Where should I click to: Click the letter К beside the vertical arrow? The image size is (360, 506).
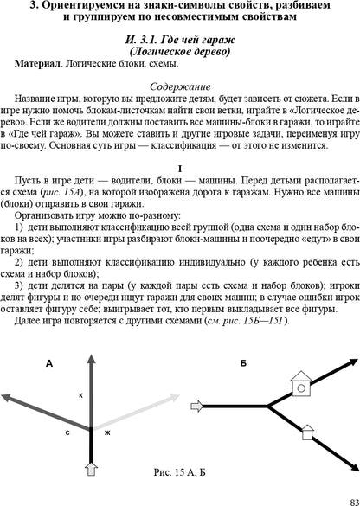[x=80, y=394]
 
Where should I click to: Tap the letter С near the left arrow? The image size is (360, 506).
[x=67, y=431]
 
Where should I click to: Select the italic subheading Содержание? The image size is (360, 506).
[x=179, y=87]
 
